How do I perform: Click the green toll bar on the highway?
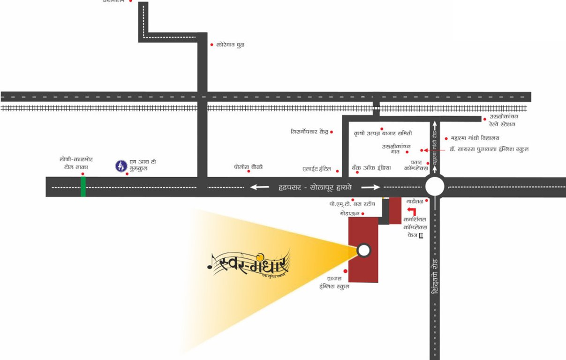click(83, 186)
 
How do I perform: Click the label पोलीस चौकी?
click(249, 166)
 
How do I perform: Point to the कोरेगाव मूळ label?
click(230, 45)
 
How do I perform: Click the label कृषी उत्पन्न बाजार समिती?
click(383, 134)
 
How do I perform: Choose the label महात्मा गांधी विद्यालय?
click(475, 138)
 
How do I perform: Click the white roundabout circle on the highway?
click(435, 187)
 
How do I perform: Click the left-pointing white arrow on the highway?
click(259, 187)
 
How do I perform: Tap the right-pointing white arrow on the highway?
click(370, 187)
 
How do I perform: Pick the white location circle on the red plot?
click(363, 250)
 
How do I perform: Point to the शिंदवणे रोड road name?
click(435, 277)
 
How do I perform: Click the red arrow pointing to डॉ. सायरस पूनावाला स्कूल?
click(424, 150)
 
